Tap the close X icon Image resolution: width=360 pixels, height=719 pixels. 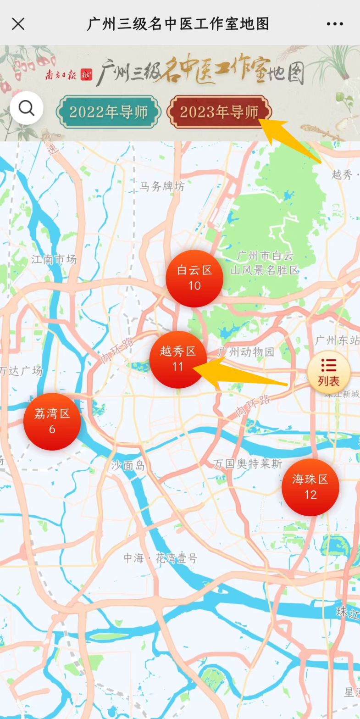[x=18, y=24]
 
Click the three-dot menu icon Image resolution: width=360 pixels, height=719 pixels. [x=335, y=24]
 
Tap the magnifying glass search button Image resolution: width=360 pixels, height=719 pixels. [x=27, y=108]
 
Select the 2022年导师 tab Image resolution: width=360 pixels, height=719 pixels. [x=109, y=112]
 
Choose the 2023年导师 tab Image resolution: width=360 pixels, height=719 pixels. [x=219, y=112]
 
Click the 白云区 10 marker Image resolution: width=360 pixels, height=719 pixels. [x=194, y=279]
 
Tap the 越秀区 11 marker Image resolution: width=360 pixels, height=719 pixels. [x=178, y=359]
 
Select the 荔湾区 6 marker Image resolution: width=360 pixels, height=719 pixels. [x=52, y=421]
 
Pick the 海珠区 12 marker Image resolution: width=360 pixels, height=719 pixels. [x=310, y=487]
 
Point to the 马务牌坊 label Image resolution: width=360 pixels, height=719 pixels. [x=162, y=186]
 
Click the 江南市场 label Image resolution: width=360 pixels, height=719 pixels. [x=54, y=260]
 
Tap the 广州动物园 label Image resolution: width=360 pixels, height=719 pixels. [x=246, y=352]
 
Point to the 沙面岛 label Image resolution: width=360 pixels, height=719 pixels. [x=128, y=466]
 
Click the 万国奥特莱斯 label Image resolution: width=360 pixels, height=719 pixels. [x=248, y=464]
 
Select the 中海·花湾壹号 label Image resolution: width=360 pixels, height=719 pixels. [x=161, y=558]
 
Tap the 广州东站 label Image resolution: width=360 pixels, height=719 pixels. [x=337, y=340]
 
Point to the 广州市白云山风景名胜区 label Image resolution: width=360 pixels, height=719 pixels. [x=265, y=263]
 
